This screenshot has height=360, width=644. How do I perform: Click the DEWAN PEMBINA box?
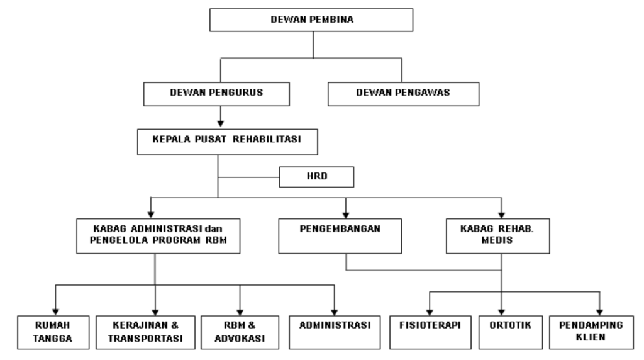click(311, 20)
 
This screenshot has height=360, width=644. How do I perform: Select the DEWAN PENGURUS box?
click(216, 94)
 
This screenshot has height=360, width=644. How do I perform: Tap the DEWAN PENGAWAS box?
click(403, 94)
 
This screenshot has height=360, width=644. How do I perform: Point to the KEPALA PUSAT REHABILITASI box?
click(228, 142)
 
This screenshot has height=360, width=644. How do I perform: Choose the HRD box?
click(317, 177)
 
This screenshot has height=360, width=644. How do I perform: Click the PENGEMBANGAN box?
click(340, 236)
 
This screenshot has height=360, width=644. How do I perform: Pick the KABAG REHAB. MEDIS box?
click(498, 236)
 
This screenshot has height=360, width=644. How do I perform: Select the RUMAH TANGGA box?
click(53, 332)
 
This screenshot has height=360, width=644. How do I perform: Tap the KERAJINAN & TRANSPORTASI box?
click(145, 332)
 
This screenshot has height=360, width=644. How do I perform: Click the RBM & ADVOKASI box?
click(240, 332)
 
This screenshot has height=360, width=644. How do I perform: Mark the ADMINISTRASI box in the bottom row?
click(335, 332)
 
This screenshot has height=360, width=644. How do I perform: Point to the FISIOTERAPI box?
click(430, 332)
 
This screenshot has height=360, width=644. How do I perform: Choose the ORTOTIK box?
click(511, 332)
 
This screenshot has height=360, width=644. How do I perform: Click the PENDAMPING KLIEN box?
click(591, 332)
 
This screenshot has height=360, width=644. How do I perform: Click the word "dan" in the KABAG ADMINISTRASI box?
click(214, 229)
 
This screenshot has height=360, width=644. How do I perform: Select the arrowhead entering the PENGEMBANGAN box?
click(346, 215)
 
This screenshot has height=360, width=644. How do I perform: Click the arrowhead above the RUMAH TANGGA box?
click(55, 312)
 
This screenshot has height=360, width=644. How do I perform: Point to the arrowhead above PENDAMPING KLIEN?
click(599, 312)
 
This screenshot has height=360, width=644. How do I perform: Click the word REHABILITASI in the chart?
click(267, 139)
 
